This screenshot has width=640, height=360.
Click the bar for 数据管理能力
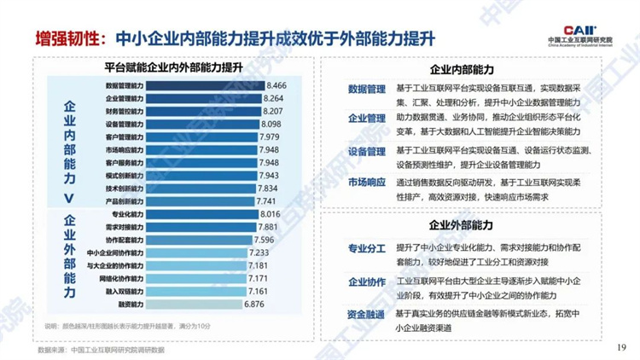(205, 86)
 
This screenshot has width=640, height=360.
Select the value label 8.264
(278, 99)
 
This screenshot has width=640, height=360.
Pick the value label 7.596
(267, 241)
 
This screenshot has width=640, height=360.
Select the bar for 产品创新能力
(192, 201)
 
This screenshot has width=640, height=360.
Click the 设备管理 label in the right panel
(366, 151)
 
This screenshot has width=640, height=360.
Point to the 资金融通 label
(366, 315)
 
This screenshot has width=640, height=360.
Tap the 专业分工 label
(366, 249)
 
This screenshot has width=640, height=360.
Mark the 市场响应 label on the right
(366, 183)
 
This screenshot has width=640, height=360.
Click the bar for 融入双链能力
(187, 291)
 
